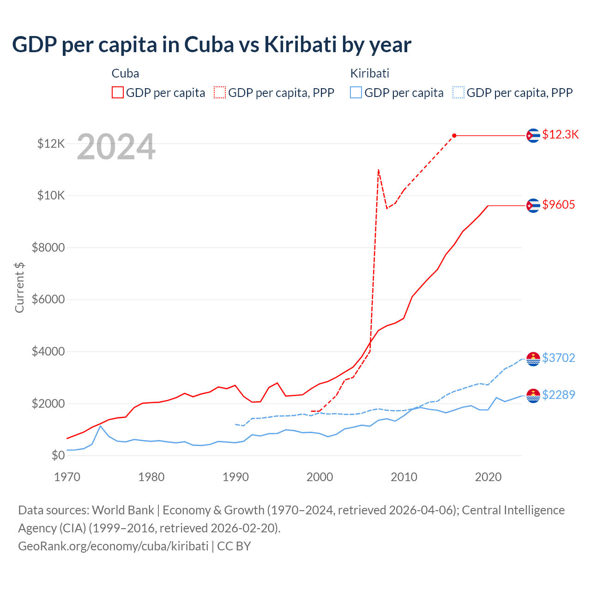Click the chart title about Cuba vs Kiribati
(211, 45)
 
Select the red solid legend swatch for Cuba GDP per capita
(118, 92)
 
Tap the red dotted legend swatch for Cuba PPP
(220, 92)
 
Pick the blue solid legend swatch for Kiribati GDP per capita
(356, 92)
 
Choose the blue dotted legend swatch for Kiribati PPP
(458, 92)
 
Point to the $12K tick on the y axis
(51, 144)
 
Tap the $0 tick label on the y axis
(58, 456)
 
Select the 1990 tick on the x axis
(235, 477)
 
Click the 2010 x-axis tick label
(404, 477)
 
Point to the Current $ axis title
(19, 287)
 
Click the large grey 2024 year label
(116, 147)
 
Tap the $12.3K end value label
(560, 134)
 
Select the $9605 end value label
(559, 205)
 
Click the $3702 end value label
(559, 358)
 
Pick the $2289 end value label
(559, 395)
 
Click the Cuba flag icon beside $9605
(533, 205)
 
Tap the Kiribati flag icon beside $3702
(533, 359)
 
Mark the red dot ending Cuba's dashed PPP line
(454, 135)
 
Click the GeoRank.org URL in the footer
(113, 546)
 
